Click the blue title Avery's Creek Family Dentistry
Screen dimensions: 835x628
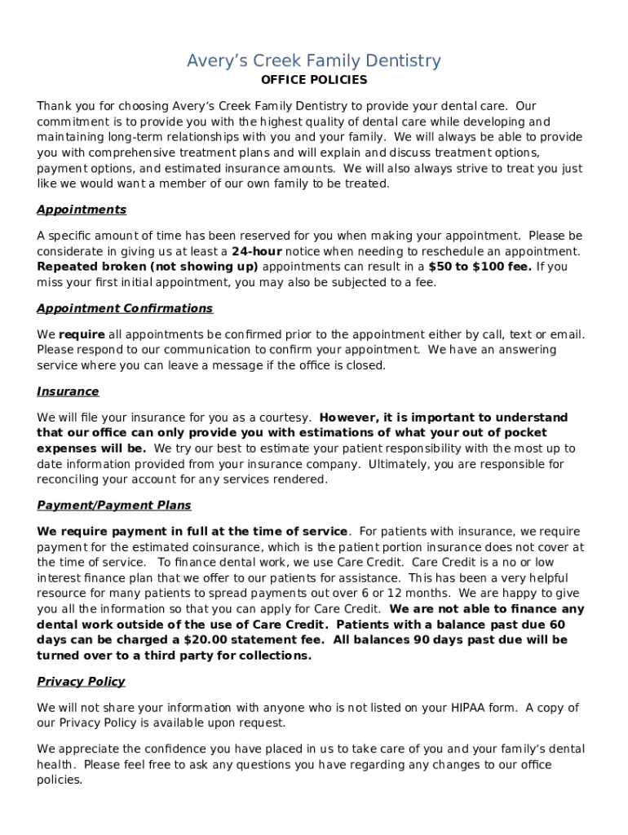coord(314,61)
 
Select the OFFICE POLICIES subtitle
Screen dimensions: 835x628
coord(314,80)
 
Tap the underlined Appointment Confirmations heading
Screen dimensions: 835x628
coord(125,308)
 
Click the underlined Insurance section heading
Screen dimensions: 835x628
coord(68,391)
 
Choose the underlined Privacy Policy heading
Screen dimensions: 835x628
coord(81,682)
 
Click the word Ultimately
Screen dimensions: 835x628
coord(398,464)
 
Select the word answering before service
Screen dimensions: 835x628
coord(528,350)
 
